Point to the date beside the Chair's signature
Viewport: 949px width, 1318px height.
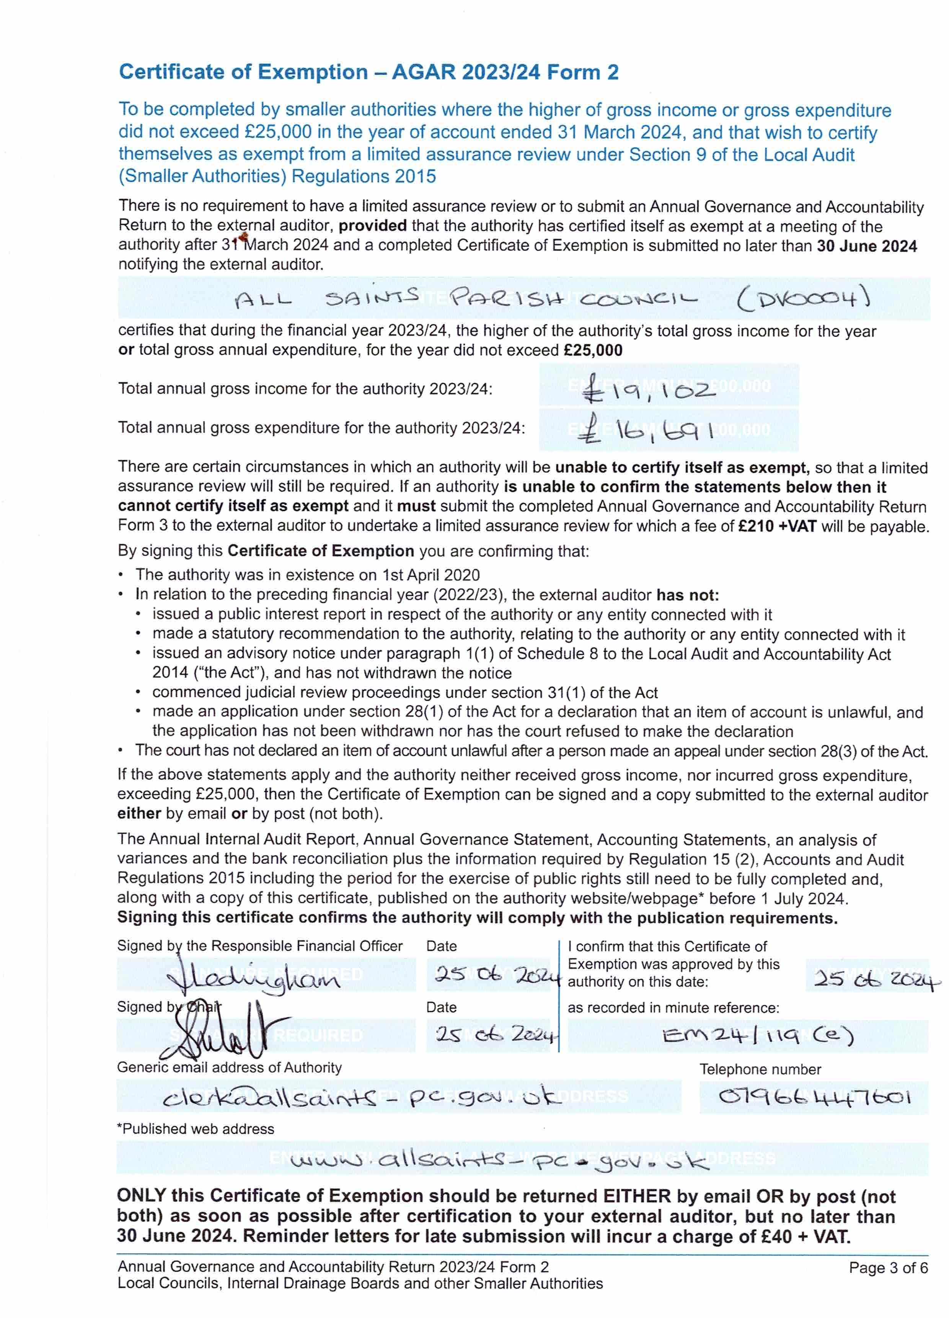497,1034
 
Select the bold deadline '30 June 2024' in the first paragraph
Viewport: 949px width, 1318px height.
866,246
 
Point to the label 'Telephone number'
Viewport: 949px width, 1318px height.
760,1069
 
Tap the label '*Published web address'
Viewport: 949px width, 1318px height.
195,1128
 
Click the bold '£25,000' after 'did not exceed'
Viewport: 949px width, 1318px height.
593,350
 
